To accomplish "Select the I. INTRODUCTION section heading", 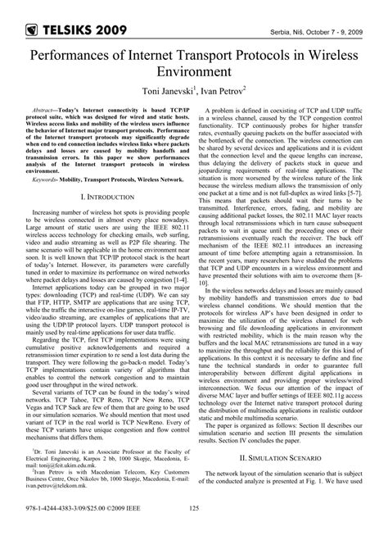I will tap(102, 197).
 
